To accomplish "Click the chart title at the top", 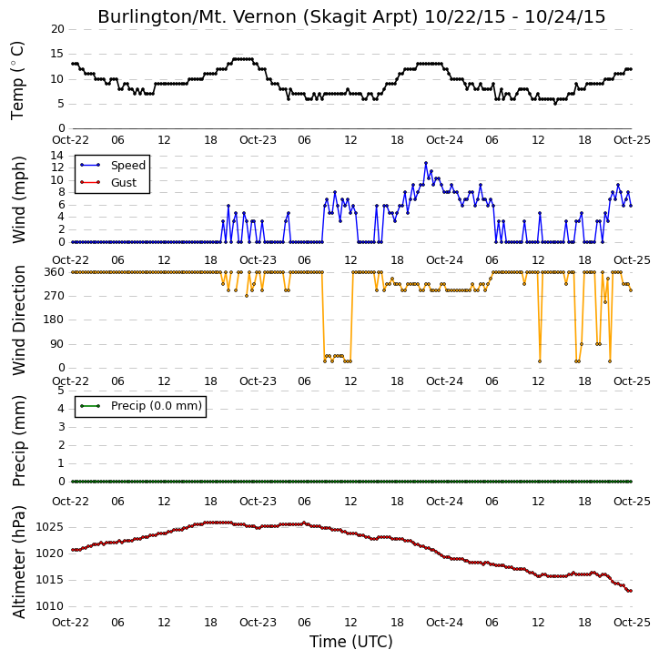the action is tap(351, 16).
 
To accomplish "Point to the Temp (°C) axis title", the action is tap(17, 80).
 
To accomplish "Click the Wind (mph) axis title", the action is tap(18, 199).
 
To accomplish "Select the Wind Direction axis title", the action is tap(18, 320).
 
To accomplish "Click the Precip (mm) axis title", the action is tap(18, 442).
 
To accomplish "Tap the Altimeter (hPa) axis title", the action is tap(18, 562).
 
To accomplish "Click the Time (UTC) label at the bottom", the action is tap(351, 642).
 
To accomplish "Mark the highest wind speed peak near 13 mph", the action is tap(426, 163).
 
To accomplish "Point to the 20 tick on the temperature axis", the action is tap(57, 29).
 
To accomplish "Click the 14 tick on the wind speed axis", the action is tap(57, 156).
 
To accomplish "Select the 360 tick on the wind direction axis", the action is tap(55, 272).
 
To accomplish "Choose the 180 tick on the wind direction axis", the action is tap(55, 320).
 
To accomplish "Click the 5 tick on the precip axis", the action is tap(61, 391).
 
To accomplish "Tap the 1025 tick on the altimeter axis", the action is tap(50, 527).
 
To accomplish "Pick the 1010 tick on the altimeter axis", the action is tap(50, 606).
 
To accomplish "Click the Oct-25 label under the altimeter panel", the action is tap(632, 622).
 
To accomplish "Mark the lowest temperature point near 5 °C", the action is tap(555, 104).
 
